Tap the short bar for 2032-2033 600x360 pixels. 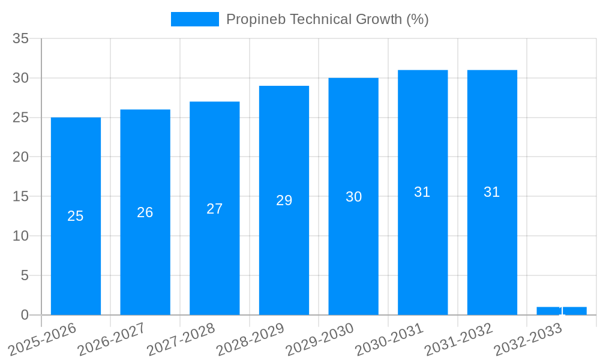(562, 311)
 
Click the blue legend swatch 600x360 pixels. (194, 19)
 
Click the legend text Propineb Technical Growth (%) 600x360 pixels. (327, 19)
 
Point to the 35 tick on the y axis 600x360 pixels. (21, 39)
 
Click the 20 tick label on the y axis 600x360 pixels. (21, 157)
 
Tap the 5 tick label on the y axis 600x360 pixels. (25, 275)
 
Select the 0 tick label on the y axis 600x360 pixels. (25, 315)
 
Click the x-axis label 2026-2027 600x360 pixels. (112, 338)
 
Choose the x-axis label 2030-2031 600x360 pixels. (389, 338)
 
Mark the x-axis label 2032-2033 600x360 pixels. (528, 338)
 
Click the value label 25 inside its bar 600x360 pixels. (76, 216)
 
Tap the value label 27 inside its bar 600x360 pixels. (214, 209)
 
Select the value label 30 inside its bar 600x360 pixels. (353, 197)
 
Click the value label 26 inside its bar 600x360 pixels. (145, 212)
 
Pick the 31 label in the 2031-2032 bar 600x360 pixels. (492, 192)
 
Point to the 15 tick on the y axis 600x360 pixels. (21, 197)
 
